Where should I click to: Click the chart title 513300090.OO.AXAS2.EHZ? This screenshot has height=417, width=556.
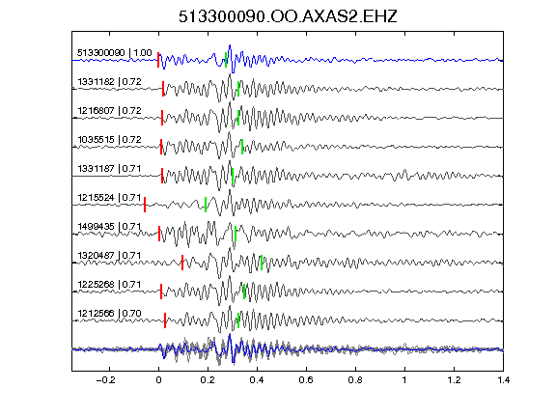(x=288, y=16)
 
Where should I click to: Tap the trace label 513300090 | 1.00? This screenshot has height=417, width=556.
(x=115, y=53)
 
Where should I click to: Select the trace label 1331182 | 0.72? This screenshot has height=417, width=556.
(x=110, y=82)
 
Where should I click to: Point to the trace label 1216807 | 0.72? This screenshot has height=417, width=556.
(x=110, y=111)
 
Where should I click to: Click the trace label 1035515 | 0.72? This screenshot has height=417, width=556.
(x=110, y=140)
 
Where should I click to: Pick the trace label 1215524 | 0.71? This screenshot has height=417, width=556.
(x=110, y=198)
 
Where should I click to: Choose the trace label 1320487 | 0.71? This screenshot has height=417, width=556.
(x=110, y=255)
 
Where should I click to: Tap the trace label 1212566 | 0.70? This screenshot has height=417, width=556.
(x=110, y=314)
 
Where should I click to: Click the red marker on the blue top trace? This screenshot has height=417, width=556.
(x=158, y=60)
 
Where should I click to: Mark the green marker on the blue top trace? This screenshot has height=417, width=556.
(x=226, y=60)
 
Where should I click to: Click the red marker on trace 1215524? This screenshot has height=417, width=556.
(x=145, y=205)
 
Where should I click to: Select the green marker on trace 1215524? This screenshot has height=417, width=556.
(x=206, y=205)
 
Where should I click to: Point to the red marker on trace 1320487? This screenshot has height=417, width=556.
(x=182, y=263)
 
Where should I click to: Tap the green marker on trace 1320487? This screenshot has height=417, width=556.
(x=262, y=263)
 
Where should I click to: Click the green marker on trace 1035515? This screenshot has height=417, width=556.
(x=242, y=147)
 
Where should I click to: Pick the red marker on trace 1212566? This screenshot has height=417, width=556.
(x=165, y=320)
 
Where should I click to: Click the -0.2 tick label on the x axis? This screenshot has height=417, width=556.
(x=106, y=380)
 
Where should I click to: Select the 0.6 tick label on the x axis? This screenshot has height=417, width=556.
(x=306, y=380)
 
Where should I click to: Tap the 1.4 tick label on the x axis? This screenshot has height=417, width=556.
(x=503, y=380)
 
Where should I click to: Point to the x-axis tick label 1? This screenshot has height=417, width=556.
(x=404, y=380)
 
